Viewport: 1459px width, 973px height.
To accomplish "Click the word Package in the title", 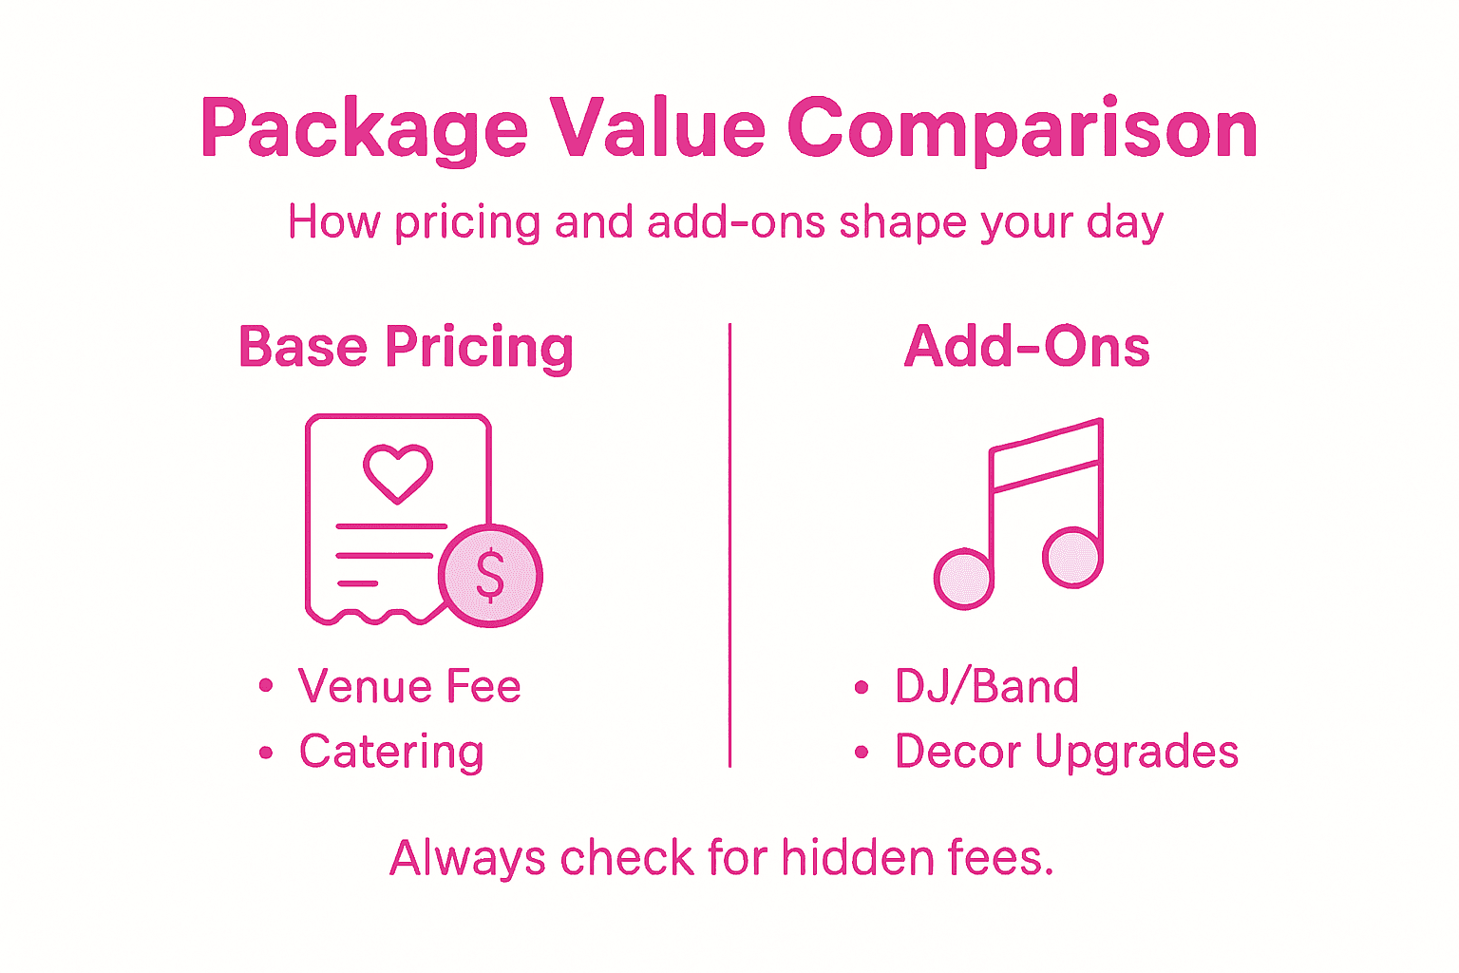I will tap(364, 129).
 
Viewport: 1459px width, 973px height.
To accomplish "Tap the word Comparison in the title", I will tap(1022, 129).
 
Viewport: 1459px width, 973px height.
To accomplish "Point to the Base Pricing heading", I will tap(406, 347).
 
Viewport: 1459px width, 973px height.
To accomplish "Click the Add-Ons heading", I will tap(1027, 347).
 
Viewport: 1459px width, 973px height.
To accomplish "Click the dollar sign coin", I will tap(490, 576).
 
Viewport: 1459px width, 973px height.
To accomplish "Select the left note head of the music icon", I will tap(963, 578).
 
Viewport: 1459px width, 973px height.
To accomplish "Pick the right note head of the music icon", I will tap(1071, 558).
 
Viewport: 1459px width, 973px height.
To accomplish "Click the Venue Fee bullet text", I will tap(409, 686).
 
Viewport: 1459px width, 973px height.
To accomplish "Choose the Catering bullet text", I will tap(391, 752).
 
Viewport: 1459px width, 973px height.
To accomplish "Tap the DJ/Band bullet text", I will tap(987, 686).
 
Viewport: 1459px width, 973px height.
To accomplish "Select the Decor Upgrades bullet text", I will tap(1067, 752).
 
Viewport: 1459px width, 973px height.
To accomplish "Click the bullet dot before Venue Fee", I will tap(266, 686).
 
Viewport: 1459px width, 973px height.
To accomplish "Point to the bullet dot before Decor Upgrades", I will tap(862, 753).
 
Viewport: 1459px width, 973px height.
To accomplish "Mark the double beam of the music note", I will tap(1045, 456).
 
